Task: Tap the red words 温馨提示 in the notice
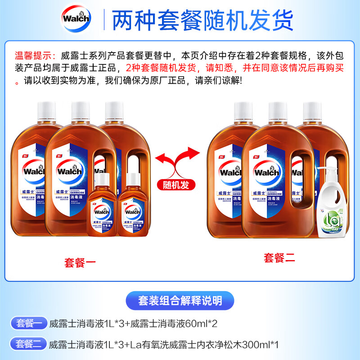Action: pyautogui.click(x=32, y=56)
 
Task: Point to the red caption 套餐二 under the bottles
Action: pyautogui.click(x=279, y=258)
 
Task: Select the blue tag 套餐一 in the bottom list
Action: pyautogui.click(x=29, y=323)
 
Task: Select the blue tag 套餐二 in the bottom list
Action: pyautogui.click(x=29, y=344)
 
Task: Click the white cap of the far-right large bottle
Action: pyautogui.click(x=312, y=110)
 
